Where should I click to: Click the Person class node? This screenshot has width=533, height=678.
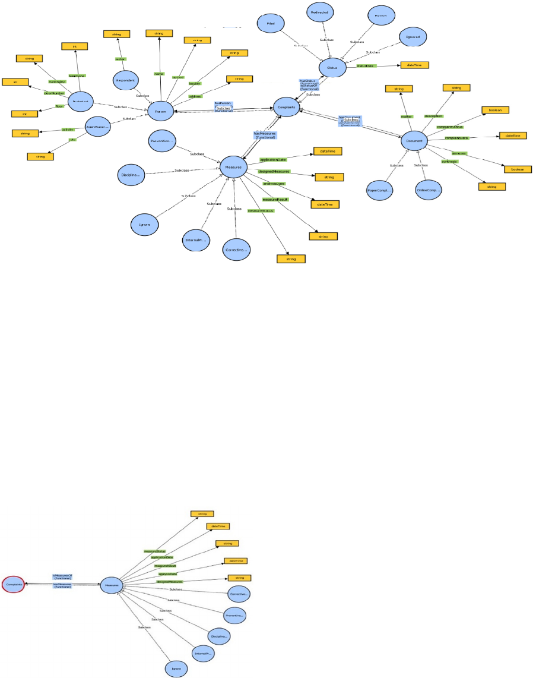click(x=160, y=111)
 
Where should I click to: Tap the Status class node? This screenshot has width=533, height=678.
click(x=332, y=68)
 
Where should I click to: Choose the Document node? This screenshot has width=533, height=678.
click(x=414, y=141)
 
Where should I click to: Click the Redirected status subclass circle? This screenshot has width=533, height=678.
click(x=322, y=12)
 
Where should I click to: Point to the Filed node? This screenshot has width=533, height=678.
click(x=271, y=23)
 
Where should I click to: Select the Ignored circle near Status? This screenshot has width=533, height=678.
click(x=413, y=37)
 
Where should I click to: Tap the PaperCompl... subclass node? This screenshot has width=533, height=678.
click(x=380, y=190)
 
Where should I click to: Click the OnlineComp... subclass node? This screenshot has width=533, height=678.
click(x=429, y=190)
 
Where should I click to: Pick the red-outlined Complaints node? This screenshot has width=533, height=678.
click(x=14, y=585)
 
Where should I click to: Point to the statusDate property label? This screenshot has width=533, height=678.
click(x=364, y=66)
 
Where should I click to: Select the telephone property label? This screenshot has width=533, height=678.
click(x=77, y=75)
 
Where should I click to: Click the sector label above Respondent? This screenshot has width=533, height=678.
click(x=119, y=59)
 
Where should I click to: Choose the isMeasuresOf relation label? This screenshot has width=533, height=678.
click(x=62, y=576)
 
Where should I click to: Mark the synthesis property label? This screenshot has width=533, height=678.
click(x=448, y=161)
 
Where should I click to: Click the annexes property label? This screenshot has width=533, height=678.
click(x=458, y=153)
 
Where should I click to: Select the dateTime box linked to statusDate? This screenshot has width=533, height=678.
click(x=414, y=65)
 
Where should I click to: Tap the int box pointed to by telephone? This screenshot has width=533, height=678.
click(x=75, y=46)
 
